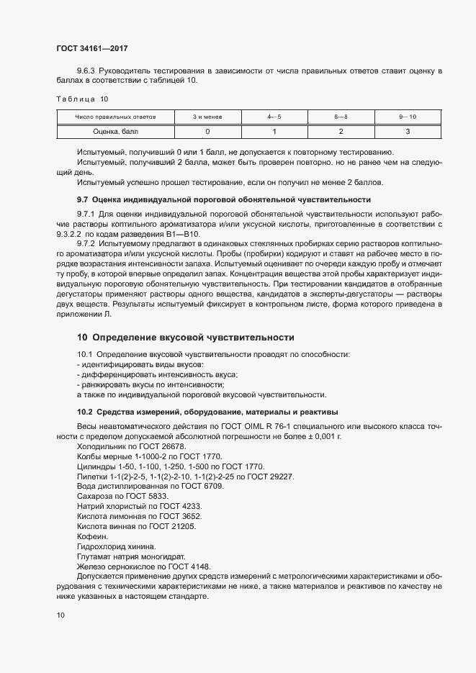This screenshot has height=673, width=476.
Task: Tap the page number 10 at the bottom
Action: click(x=60, y=615)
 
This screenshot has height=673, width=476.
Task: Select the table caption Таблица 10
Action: click(x=82, y=99)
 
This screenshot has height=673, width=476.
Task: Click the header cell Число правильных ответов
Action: click(x=115, y=117)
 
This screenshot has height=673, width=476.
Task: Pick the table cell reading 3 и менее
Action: click(x=207, y=117)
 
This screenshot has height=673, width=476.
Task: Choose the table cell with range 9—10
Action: click(x=408, y=117)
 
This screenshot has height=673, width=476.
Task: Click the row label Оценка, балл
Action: click(x=115, y=131)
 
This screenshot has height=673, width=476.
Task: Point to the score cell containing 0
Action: click(x=207, y=131)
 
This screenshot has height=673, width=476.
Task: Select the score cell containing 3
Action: click(x=408, y=131)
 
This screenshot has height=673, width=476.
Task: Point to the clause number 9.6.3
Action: click(x=86, y=71)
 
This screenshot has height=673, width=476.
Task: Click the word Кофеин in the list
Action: click(x=91, y=536)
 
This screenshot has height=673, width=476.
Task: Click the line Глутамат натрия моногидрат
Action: click(x=130, y=556)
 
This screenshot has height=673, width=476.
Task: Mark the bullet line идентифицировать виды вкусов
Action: click(x=140, y=365)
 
